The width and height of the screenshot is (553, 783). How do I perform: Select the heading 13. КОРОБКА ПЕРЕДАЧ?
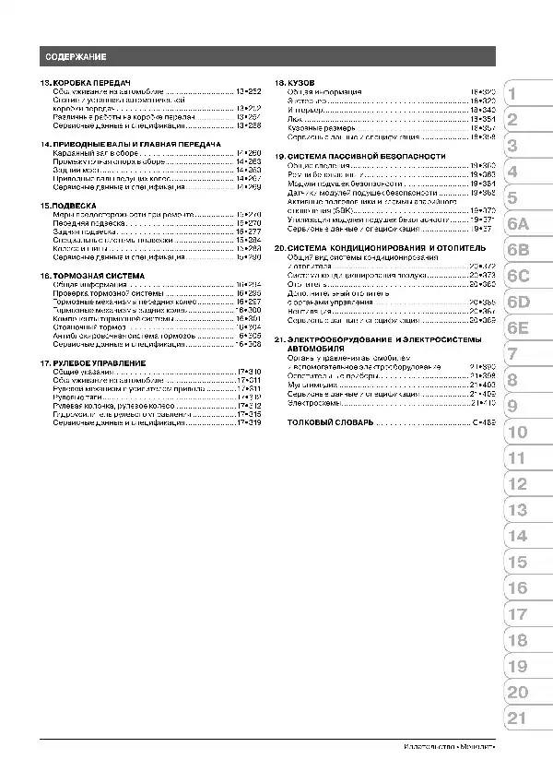pyautogui.click(x=88, y=83)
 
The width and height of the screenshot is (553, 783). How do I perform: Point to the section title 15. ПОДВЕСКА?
pyautogui.click(x=69, y=206)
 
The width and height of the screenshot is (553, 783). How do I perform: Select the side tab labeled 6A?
pyautogui.click(x=517, y=224)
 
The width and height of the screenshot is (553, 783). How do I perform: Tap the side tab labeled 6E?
pyautogui.click(x=517, y=327)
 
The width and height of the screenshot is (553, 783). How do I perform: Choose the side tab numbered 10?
pyautogui.click(x=517, y=432)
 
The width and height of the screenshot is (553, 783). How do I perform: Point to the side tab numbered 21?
pyautogui.click(x=517, y=718)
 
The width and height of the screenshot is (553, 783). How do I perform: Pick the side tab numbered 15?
pyautogui.click(x=517, y=562)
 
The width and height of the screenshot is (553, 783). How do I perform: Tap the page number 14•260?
pyautogui.click(x=249, y=153)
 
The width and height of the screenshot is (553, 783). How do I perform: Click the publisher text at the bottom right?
pyautogui.click(x=449, y=746)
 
